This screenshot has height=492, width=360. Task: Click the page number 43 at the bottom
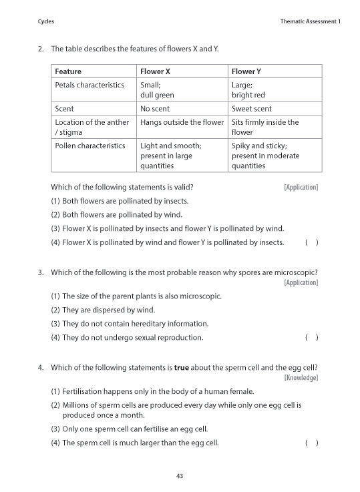pyautogui.click(x=180, y=476)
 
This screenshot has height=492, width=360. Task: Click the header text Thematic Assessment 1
pyautogui.click(x=311, y=22)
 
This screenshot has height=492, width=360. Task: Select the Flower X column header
pyautogui.click(x=155, y=71)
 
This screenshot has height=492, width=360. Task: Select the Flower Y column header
pyautogui.click(x=246, y=71)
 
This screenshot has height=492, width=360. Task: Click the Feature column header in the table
pyautogui.click(x=68, y=71)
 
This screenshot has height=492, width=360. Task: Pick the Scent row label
pyautogui.click(x=64, y=108)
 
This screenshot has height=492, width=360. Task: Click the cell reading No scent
pyautogui.click(x=155, y=108)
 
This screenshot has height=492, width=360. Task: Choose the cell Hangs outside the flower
pyautogui.click(x=182, y=122)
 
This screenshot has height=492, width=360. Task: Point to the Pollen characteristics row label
pyautogui.click(x=89, y=146)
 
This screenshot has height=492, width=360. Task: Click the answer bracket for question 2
pyautogui.click(x=311, y=242)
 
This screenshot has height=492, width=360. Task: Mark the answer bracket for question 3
pyautogui.click(x=311, y=338)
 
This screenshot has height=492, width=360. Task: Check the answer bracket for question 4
pyautogui.click(x=311, y=443)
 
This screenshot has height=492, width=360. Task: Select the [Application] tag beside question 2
pyautogui.click(x=301, y=188)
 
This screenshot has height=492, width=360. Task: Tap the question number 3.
pyautogui.click(x=41, y=272)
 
